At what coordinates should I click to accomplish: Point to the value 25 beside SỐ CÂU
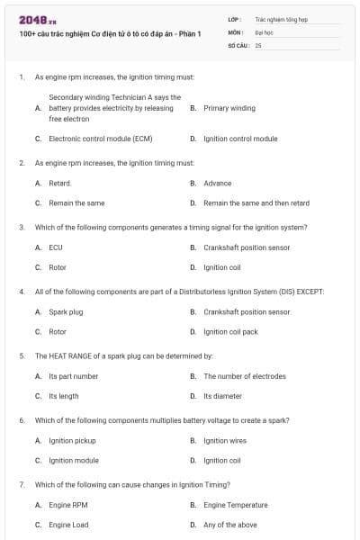pos(258,44)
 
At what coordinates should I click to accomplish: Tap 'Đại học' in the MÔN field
pos(264,31)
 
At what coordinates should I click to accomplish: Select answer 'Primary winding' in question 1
pos(229,108)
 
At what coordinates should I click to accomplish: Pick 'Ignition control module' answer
pos(240,139)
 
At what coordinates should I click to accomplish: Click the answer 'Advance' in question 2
pos(217,183)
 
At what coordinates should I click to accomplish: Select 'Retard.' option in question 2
pos(60,183)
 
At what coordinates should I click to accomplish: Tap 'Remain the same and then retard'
pos(256,203)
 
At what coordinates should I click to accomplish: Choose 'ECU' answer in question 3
pos(56,247)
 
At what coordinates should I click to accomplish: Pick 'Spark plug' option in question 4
pos(66,311)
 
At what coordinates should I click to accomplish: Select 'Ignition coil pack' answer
pos(230,332)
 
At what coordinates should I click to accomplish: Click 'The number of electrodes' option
pos(245,376)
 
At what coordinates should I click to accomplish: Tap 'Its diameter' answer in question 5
pos(222,396)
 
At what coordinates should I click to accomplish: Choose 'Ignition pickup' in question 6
pos(72,440)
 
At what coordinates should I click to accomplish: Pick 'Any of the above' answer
pos(229,525)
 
